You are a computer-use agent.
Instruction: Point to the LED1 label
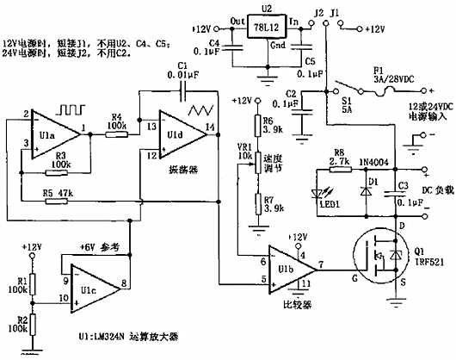coord(330,202)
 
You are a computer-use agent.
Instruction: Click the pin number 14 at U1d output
coord(210,128)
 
